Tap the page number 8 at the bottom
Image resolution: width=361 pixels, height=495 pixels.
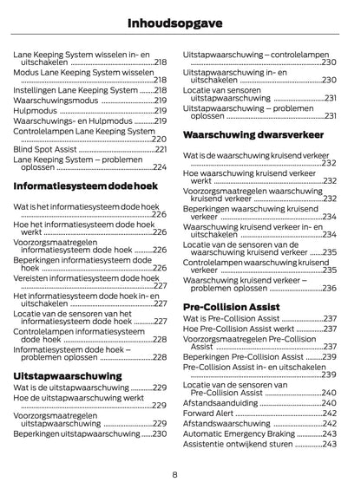click(175, 474)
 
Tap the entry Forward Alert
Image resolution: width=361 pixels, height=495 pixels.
click(210, 413)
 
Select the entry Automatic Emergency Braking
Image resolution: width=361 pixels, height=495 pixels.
click(241, 433)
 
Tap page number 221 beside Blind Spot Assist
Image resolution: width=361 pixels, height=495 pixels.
click(160, 149)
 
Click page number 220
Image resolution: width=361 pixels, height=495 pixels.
click(160, 140)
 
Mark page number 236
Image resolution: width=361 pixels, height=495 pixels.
click(329, 290)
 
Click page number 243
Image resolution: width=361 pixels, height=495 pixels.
click(329, 444)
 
